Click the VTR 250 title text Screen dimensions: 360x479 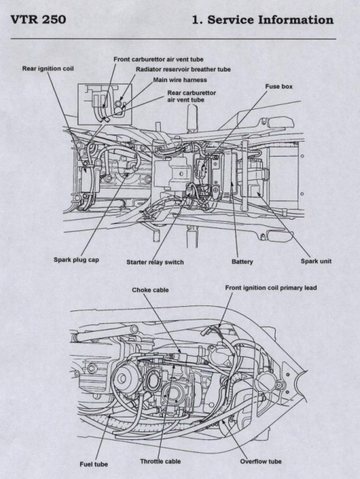coord(38,19)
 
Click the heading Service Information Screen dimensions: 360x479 coord(270,20)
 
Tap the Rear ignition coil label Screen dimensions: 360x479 coord(48,69)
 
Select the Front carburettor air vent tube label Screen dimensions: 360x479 coord(158,59)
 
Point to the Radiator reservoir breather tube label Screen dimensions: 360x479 coord(183,69)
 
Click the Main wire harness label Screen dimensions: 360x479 coord(180,80)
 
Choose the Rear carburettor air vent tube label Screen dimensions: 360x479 coord(191,96)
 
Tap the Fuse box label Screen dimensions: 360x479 coord(279,87)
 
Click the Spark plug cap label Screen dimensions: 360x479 coord(76,260)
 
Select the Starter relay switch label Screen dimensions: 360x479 coord(155,262)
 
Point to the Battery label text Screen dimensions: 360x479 coord(242,262)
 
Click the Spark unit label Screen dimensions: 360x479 coord(316,261)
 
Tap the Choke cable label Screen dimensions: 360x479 coord(150,290)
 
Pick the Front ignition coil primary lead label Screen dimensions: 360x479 coord(271,288)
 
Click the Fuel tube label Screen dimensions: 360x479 coord(94,464)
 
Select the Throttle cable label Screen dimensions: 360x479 coord(160,461)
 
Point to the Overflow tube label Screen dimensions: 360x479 coord(261,461)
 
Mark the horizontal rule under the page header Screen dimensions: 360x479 coord(173,39)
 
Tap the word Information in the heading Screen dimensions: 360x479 coord(296,20)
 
